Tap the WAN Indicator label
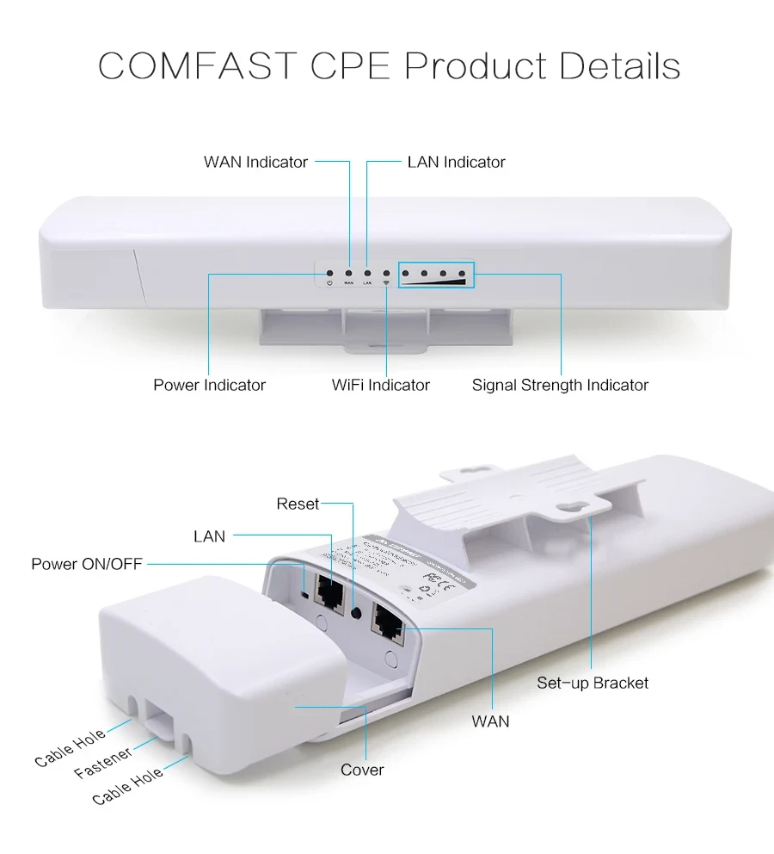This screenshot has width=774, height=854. click(x=255, y=162)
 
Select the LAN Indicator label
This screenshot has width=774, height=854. click(x=456, y=162)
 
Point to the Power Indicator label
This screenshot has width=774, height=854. click(x=209, y=385)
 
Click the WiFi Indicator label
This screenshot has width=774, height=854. click(x=381, y=385)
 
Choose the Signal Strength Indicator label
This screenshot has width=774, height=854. click(x=560, y=385)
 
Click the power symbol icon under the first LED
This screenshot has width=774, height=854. click(x=329, y=283)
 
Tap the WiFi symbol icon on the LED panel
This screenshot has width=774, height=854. click(x=386, y=283)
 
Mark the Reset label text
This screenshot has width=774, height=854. click(x=298, y=504)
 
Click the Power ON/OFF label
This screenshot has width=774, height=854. click(x=87, y=564)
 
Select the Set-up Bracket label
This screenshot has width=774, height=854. click(x=593, y=683)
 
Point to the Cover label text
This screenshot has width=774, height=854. click(x=362, y=770)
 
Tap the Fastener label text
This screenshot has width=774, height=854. click(x=103, y=763)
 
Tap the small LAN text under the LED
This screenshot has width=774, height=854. click(x=367, y=283)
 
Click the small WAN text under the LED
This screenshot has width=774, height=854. click(x=348, y=283)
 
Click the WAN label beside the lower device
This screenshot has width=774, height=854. click(x=490, y=721)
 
